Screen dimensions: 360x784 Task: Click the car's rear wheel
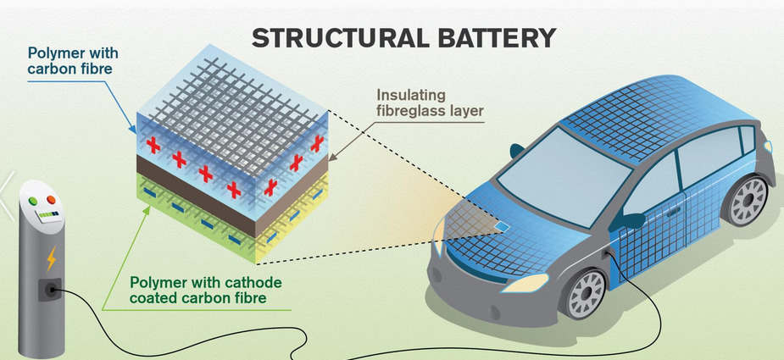(x=746, y=201)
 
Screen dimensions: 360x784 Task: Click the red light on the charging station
(x=51, y=201)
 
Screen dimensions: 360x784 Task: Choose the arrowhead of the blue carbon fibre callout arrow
(x=132, y=132)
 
